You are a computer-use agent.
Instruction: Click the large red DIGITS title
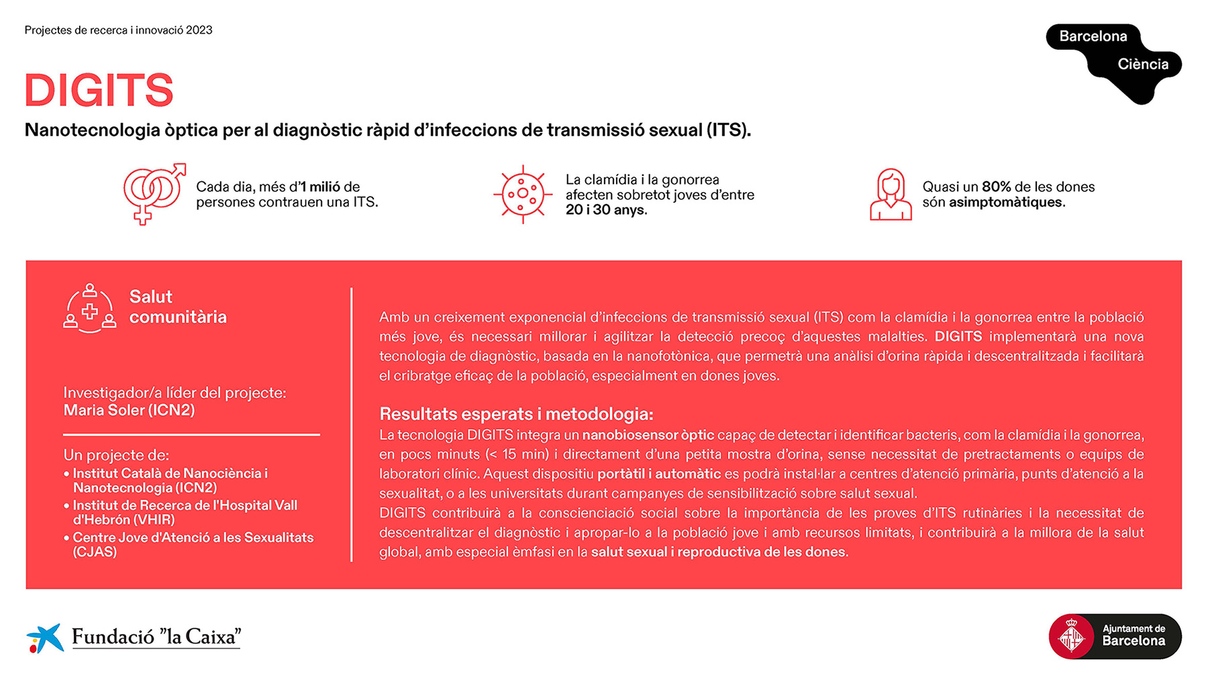coord(99,90)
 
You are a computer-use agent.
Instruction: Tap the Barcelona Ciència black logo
coord(1114,63)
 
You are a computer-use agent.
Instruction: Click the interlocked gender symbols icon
coord(154,193)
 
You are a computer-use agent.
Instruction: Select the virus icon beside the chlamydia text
coord(523,194)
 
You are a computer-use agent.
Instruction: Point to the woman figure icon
coord(891,195)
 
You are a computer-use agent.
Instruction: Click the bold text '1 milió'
coord(319,187)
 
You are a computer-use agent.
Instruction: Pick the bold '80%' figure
coord(997,187)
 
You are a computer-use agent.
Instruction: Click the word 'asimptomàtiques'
coord(1005,202)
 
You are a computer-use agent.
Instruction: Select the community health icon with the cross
coord(90,309)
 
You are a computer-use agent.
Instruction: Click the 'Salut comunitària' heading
coord(178,307)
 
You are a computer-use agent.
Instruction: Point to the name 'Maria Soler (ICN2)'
coord(129,410)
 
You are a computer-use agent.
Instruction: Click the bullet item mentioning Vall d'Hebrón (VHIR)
coord(181,512)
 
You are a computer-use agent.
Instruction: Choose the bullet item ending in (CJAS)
coord(189,544)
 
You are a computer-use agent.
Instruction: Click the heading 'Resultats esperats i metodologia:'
coord(516,414)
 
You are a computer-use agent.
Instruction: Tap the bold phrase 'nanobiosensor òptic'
coord(648,435)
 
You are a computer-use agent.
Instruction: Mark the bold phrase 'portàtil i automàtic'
coord(659,474)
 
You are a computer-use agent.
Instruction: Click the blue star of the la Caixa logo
coord(46,637)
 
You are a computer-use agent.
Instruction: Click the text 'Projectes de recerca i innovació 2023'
coord(118,30)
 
